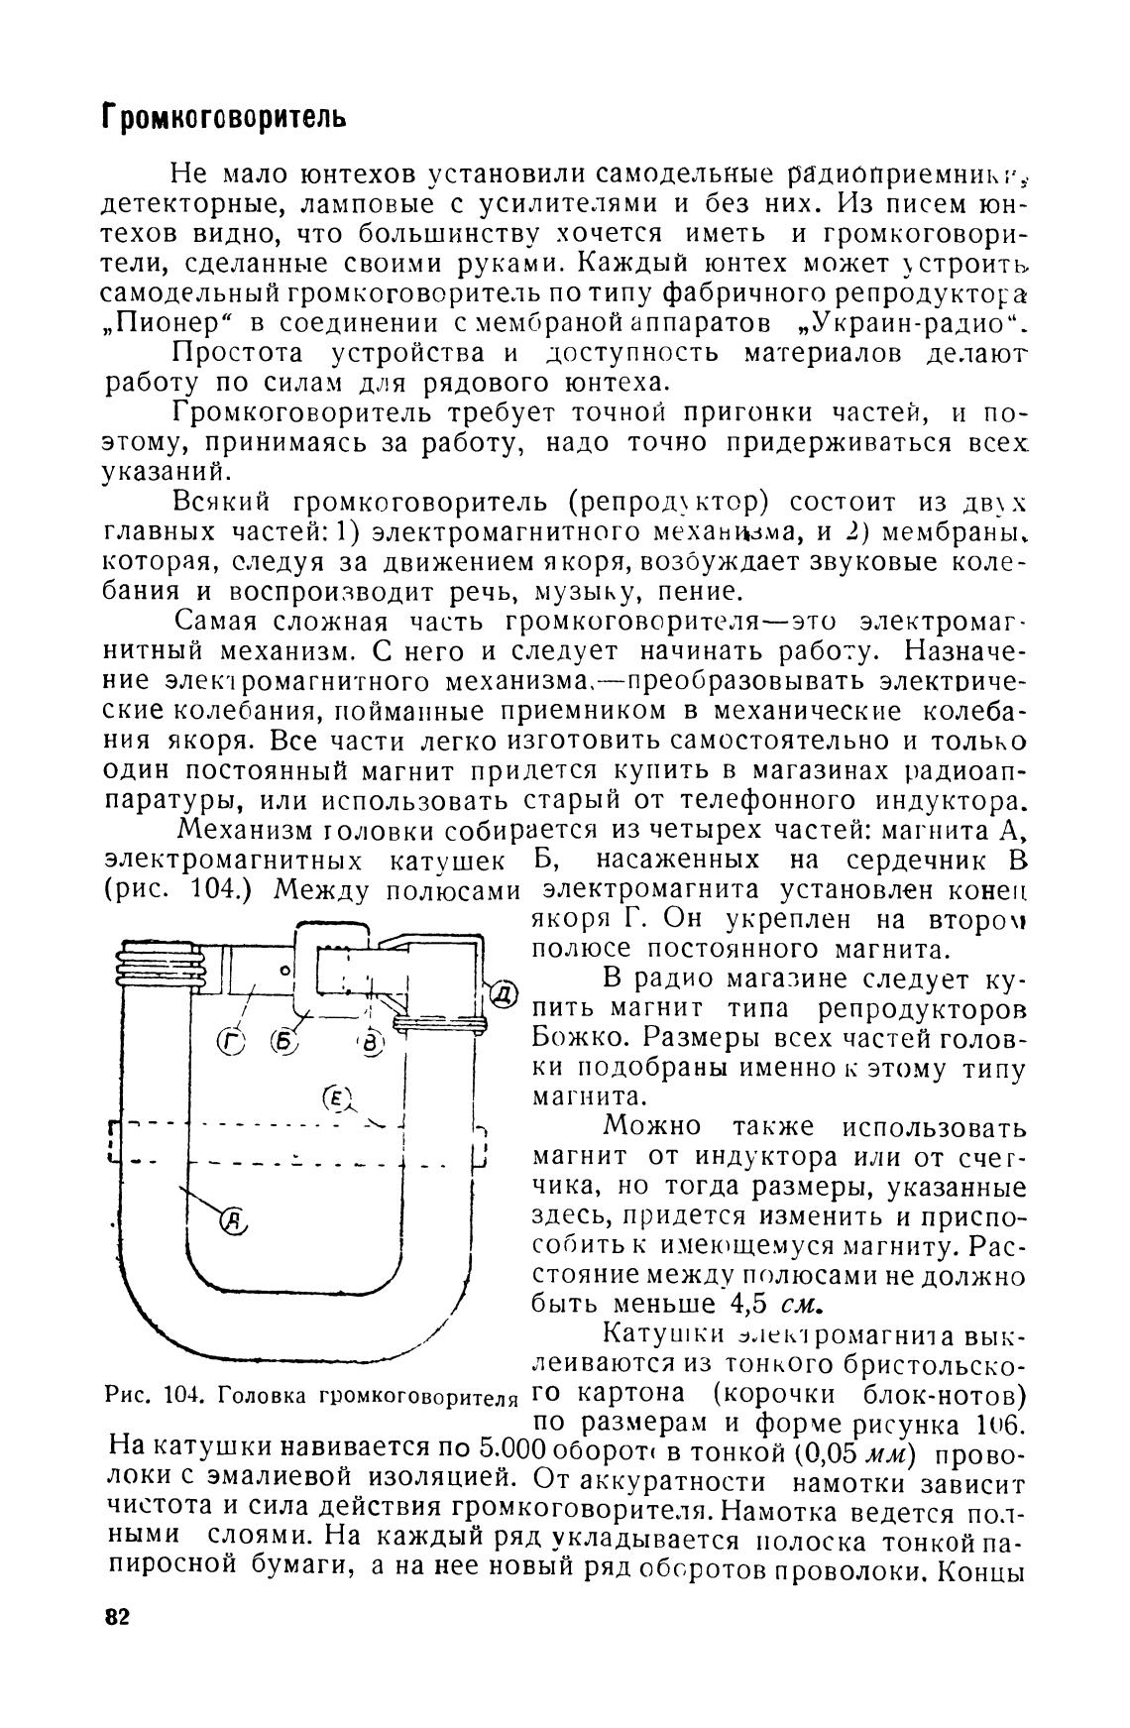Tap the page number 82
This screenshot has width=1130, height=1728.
tap(117, 1617)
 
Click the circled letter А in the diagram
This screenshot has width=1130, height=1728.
tap(234, 1219)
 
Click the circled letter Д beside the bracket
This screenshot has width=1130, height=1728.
tap(504, 992)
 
